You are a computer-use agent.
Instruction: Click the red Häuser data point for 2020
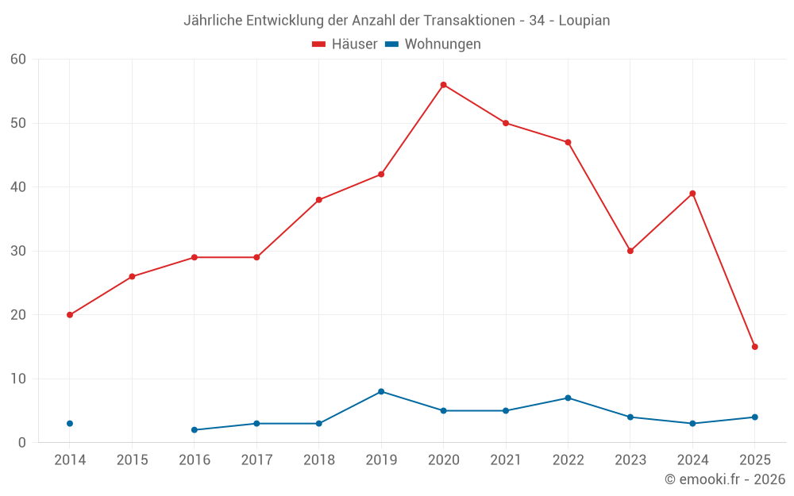click(x=443, y=85)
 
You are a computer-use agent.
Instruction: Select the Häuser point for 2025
click(x=754, y=347)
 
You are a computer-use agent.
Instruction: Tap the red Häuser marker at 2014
click(x=70, y=315)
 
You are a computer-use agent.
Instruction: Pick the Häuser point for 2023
click(x=630, y=251)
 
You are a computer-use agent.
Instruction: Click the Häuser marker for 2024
click(x=692, y=194)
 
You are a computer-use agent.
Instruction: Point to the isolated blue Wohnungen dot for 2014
click(x=70, y=424)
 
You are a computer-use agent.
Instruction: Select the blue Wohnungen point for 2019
click(x=381, y=391)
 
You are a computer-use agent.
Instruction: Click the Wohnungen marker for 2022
click(x=568, y=398)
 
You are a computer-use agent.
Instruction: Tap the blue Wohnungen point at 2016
click(x=195, y=430)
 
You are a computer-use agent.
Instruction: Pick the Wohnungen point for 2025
click(x=754, y=417)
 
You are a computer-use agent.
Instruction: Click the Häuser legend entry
click(x=345, y=44)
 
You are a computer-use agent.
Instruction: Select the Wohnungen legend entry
click(x=434, y=44)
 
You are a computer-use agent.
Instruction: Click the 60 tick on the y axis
click(x=18, y=60)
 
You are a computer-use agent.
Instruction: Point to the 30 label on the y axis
click(x=18, y=251)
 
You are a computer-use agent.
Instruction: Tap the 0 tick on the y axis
click(x=22, y=443)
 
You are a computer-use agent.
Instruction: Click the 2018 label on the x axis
click(x=319, y=460)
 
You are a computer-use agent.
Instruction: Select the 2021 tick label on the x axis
click(x=506, y=460)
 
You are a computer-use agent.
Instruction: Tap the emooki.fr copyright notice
click(x=724, y=479)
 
